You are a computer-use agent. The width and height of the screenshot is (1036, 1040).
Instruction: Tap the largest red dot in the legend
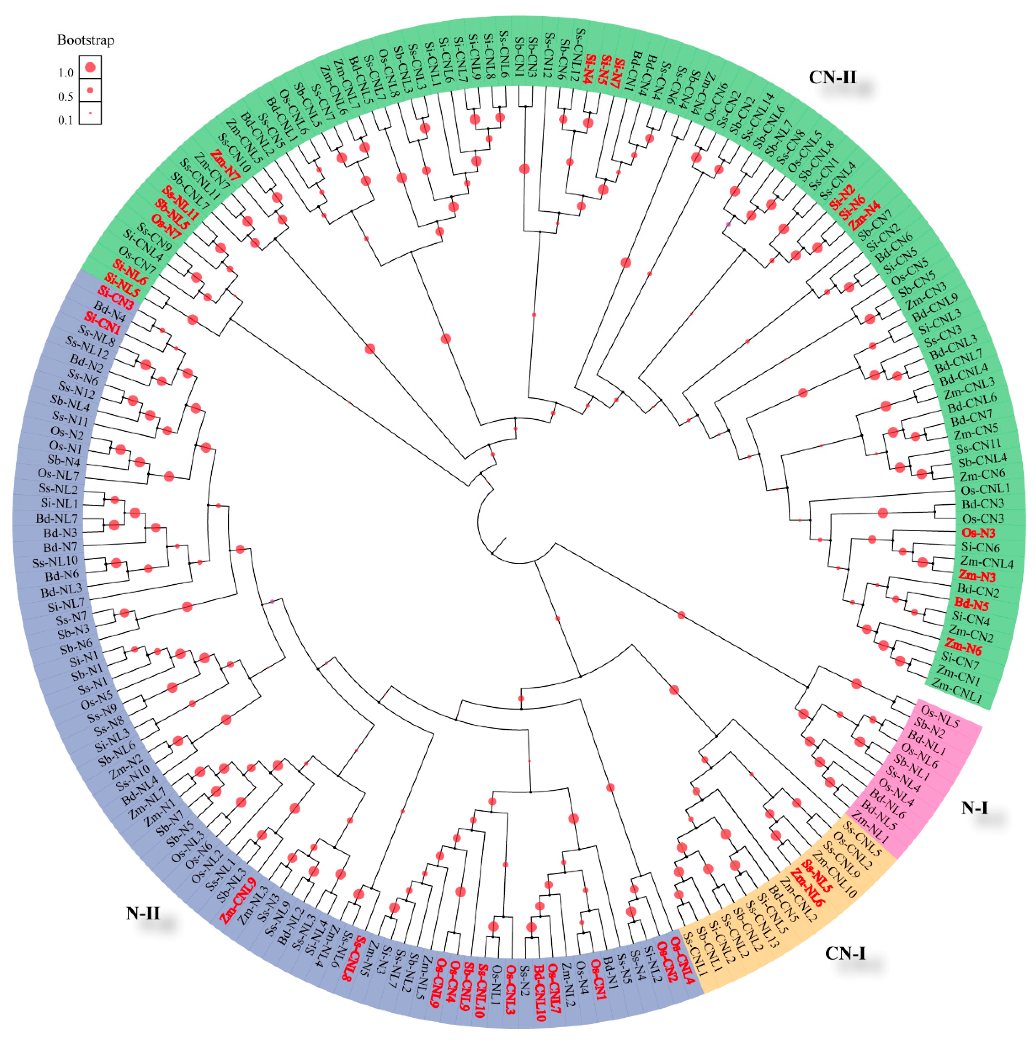click(x=90, y=67)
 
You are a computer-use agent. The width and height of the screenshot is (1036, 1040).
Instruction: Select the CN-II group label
click(x=832, y=77)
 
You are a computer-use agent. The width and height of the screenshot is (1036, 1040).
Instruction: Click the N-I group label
click(x=975, y=807)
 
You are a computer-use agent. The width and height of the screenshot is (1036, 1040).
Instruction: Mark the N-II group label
click(x=143, y=912)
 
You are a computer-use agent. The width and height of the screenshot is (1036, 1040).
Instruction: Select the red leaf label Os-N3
click(x=978, y=533)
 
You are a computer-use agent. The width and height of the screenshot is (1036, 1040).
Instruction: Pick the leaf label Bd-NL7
click(x=57, y=518)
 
